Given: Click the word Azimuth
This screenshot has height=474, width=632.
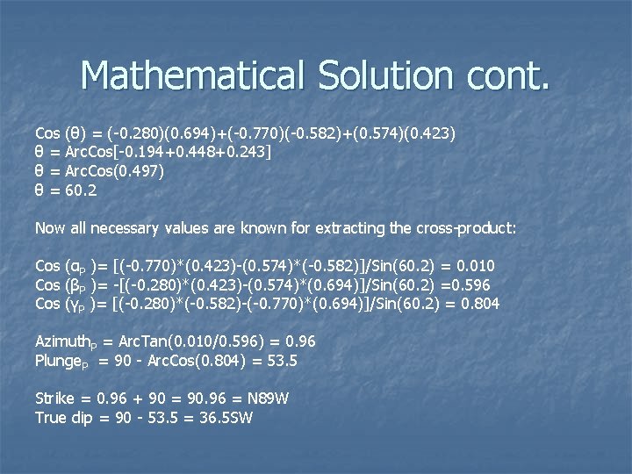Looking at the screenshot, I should click(62, 341).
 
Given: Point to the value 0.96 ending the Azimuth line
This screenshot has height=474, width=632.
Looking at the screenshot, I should click(301, 341).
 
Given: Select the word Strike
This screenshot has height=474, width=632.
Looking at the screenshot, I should click(54, 399).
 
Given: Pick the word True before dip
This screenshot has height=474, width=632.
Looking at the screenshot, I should click(51, 418).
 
